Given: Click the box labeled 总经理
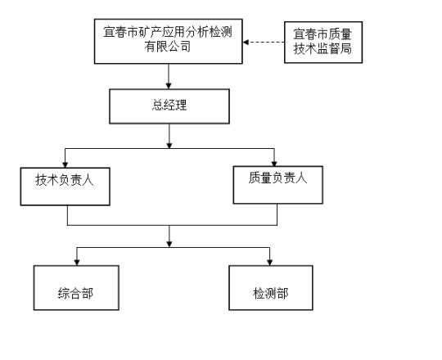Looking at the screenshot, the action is (x=169, y=106).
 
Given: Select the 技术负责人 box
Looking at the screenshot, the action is (x=65, y=187).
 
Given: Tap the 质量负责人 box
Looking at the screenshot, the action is (x=278, y=185).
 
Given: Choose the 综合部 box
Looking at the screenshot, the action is (x=76, y=288).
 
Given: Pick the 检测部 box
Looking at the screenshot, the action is (x=271, y=288).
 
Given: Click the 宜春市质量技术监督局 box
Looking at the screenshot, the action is (x=323, y=43).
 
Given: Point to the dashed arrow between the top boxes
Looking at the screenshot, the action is (x=264, y=43).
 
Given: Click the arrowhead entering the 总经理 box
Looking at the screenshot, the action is (x=169, y=86).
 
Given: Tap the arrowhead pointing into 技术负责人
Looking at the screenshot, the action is (x=65, y=164).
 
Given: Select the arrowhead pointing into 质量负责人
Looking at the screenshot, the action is (x=274, y=163).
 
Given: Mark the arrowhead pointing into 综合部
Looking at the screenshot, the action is (x=77, y=263).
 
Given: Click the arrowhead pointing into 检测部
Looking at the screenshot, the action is (x=270, y=263).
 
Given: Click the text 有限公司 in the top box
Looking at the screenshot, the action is (x=168, y=47).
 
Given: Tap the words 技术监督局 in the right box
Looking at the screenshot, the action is (x=322, y=49).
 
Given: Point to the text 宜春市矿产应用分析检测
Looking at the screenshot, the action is (x=168, y=32).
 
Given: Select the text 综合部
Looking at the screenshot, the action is (x=75, y=294).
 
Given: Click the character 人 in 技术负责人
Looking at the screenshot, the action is (x=88, y=180).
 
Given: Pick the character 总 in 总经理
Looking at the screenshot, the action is (x=158, y=105).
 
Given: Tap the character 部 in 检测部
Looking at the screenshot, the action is (x=282, y=294).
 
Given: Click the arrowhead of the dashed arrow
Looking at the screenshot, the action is (x=246, y=43).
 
